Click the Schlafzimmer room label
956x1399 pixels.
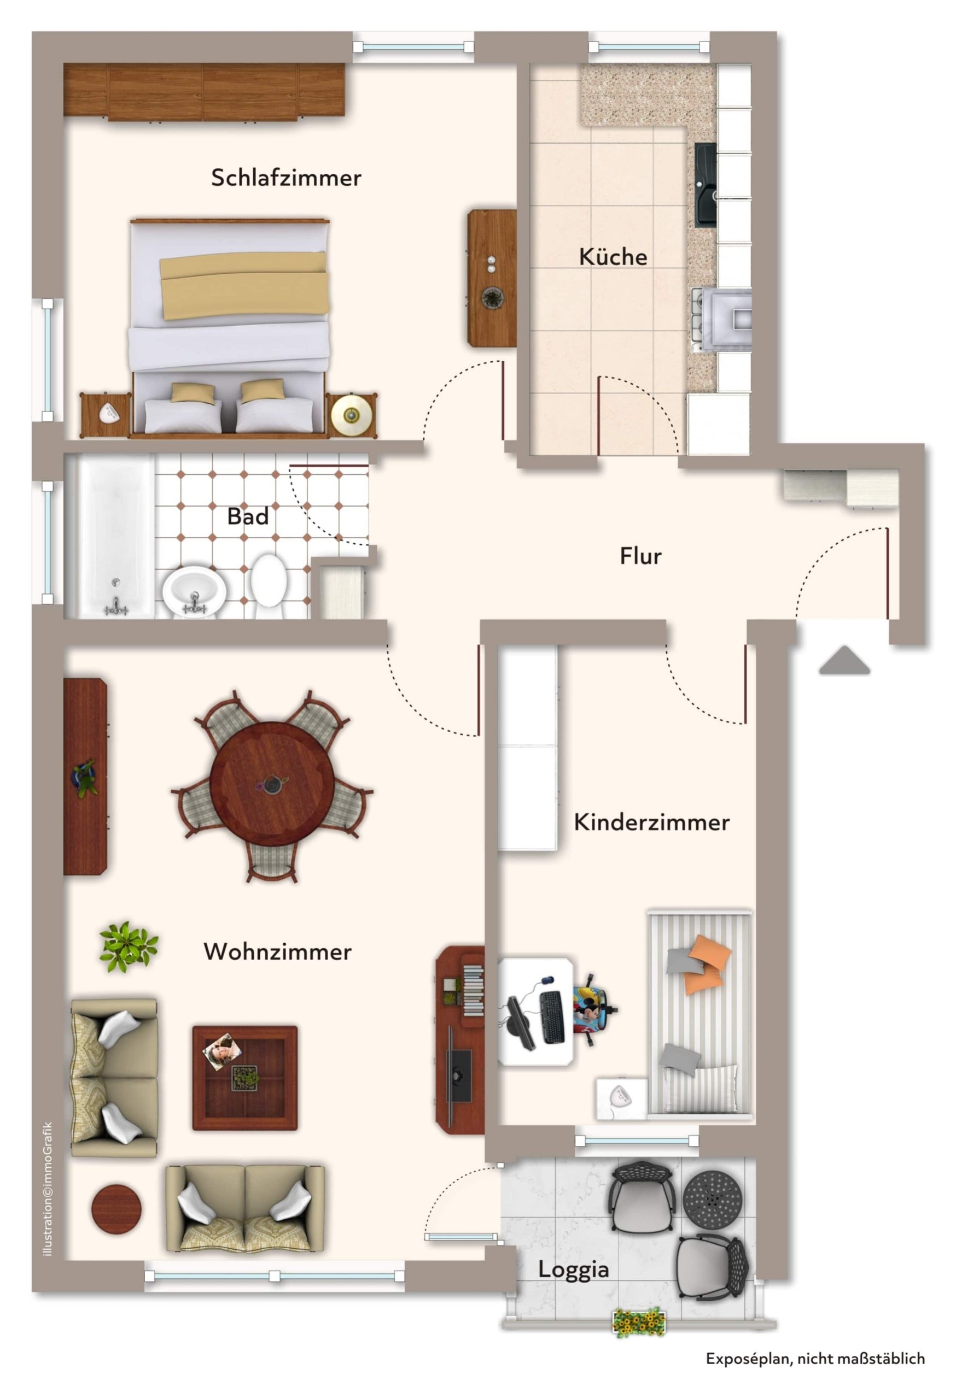tap(285, 178)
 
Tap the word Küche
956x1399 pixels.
tap(613, 256)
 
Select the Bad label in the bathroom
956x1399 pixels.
tap(248, 516)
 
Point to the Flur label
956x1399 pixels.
tap(640, 556)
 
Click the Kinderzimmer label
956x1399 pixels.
tap(651, 822)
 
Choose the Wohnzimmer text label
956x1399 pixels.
tap(278, 951)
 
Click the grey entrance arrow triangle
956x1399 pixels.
tap(844, 660)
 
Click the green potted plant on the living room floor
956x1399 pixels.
tap(129, 946)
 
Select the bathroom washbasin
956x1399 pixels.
tap(194, 592)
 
